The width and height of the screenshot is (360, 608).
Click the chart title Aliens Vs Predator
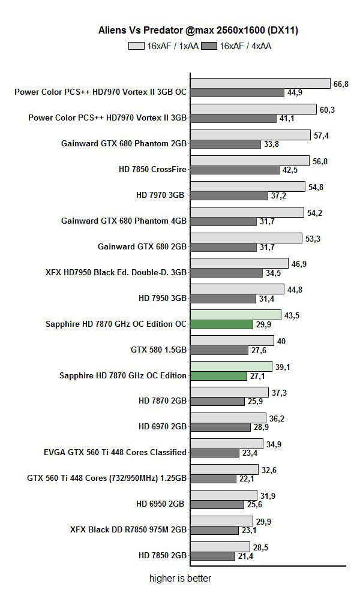coord(198,29)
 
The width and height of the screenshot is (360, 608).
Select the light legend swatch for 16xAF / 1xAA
coord(137,46)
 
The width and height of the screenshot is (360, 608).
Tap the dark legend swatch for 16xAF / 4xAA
coord(210,46)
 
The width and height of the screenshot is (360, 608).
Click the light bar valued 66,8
coord(260,83)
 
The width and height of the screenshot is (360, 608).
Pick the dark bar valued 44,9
coord(238,92)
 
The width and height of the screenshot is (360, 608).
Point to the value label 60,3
coord(326,110)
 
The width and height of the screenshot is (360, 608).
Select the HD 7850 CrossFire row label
coord(152,169)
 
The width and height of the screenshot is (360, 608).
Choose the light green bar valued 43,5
coord(236,315)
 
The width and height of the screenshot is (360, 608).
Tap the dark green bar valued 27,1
coord(219,376)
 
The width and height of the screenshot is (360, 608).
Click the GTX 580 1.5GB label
coord(158,350)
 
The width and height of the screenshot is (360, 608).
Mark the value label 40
coord(281,341)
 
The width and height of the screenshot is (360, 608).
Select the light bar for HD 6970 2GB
coord(228,418)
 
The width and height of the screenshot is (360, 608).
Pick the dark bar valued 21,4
coord(213,556)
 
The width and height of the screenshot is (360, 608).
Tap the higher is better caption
coord(180,579)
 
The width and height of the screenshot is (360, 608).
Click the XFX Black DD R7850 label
coord(128,529)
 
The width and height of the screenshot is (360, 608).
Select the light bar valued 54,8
coord(248,186)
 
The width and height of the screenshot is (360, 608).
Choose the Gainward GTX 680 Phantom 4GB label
coord(124,221)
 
